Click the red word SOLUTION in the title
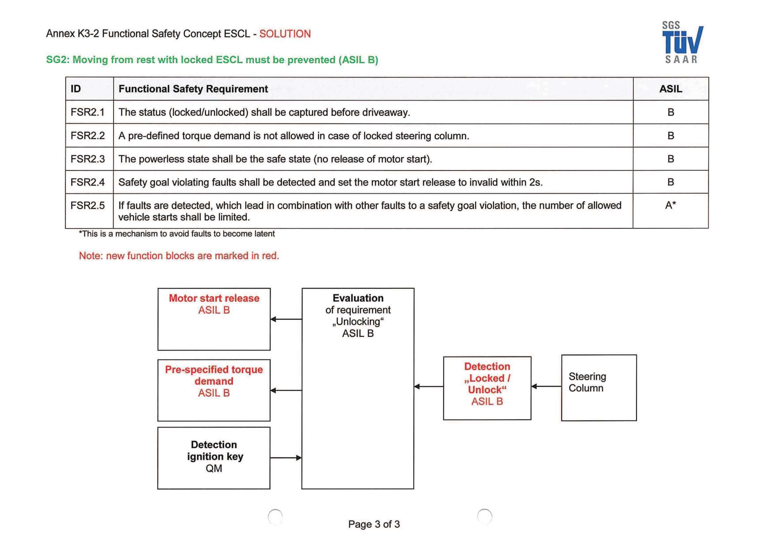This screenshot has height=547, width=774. tap(285, 34)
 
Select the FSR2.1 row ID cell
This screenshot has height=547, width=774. tap(88, 112)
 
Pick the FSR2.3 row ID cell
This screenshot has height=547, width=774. tap(88, 159)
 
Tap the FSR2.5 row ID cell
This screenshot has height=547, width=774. tap(88, 205)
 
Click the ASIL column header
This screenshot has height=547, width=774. tap(670, 89)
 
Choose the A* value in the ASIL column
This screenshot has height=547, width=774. tap(670, 205)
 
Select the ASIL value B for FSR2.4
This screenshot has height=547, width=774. tap(670, 182)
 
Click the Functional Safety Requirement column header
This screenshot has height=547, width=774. tap(193, 89)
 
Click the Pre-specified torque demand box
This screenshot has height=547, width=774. tap(214, 390)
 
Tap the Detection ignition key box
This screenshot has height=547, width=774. tap(214, 458)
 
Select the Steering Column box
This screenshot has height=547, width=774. tap(599, 387)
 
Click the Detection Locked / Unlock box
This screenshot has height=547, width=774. tap(487, 387)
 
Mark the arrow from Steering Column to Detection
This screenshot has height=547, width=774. tap(546, 386)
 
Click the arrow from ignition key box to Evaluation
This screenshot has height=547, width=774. tap(286, 458)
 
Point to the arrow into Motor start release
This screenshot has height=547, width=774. tap(286, 319)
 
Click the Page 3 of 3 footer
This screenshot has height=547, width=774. tap(374, 524)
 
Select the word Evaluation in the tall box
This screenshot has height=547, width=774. tap(358, 298)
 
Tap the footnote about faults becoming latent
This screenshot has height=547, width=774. tap(177, 234)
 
